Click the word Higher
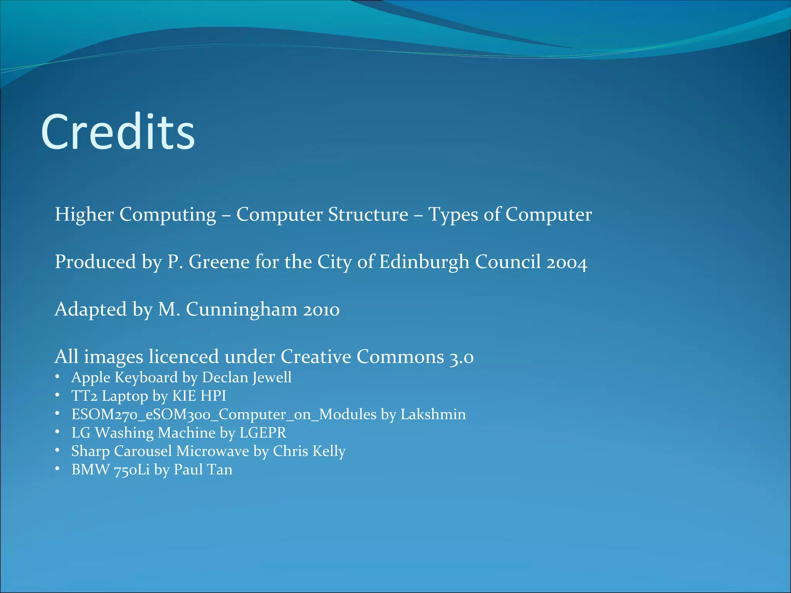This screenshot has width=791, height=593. tap(84, 214)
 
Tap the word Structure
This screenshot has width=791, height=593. tap(368, 214)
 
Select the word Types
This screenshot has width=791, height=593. tap(453, 215)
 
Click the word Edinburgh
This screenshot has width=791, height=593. tap(424, 262)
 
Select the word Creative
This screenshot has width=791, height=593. tap(316, 356)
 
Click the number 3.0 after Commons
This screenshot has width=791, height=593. tap(461, 357)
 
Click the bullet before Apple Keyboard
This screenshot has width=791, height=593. tap(57, 377)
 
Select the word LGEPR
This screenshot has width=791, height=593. tap(263, 433)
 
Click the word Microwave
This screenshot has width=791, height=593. tap(213, 451)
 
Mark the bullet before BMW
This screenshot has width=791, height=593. tap(57, 469)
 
